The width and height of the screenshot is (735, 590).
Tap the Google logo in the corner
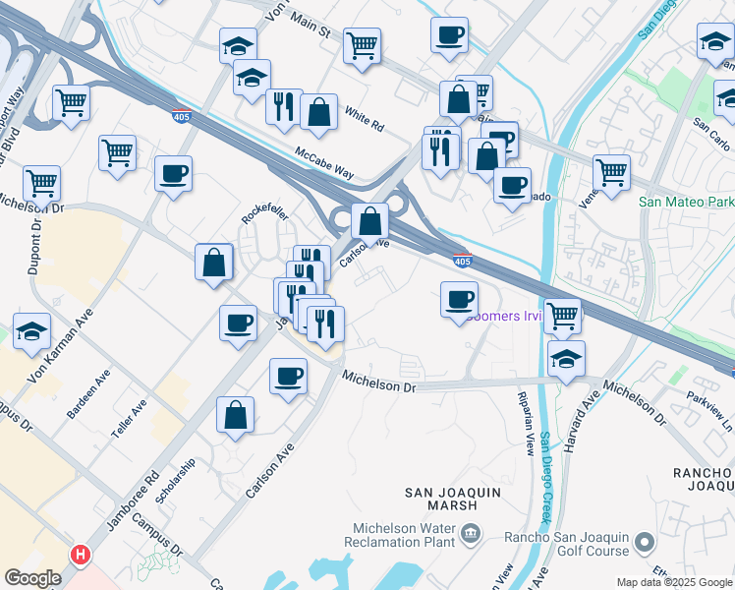click(x=32, y=578)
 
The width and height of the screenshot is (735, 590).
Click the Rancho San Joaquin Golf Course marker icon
click(x=645, y=542)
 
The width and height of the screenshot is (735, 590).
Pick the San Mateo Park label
click(x=686, y=202)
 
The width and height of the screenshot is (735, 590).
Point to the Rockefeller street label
click(x=263, y=214)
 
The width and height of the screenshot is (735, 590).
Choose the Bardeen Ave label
click(x=88, y=394)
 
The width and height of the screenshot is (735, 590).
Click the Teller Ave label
click(x=129, y=417)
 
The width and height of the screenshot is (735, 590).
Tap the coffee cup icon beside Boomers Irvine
click(x=458, y=299)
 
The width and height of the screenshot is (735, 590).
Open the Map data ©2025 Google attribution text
click(x=674, y=582)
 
